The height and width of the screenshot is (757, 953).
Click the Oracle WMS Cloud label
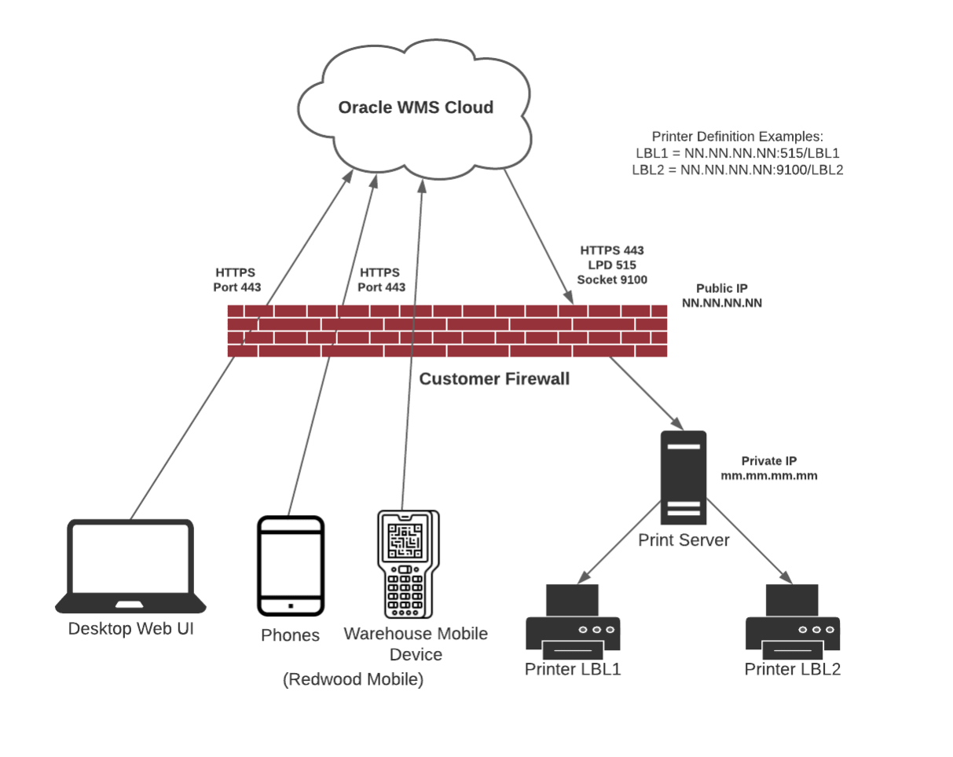[416, 107]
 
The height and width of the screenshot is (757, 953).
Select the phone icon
[291, 565]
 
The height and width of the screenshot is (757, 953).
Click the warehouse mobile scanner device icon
[407, 564]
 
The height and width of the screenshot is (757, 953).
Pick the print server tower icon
[684, 477]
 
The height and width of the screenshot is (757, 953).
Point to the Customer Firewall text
[494, 379]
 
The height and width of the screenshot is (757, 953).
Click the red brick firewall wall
[447, 331]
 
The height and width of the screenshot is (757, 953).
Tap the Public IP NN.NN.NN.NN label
[721, 294]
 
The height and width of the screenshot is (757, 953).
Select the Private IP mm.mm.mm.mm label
[768, 468]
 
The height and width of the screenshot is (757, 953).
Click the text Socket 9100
[612, 279]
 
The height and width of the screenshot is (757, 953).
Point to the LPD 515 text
[612, 265]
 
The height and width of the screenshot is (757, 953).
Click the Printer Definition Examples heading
[737, 136]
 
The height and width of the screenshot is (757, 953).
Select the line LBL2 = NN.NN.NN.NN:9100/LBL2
[737, 170]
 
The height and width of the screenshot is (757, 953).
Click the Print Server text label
[684, 540]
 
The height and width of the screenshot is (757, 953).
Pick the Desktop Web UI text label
[130, 628]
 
